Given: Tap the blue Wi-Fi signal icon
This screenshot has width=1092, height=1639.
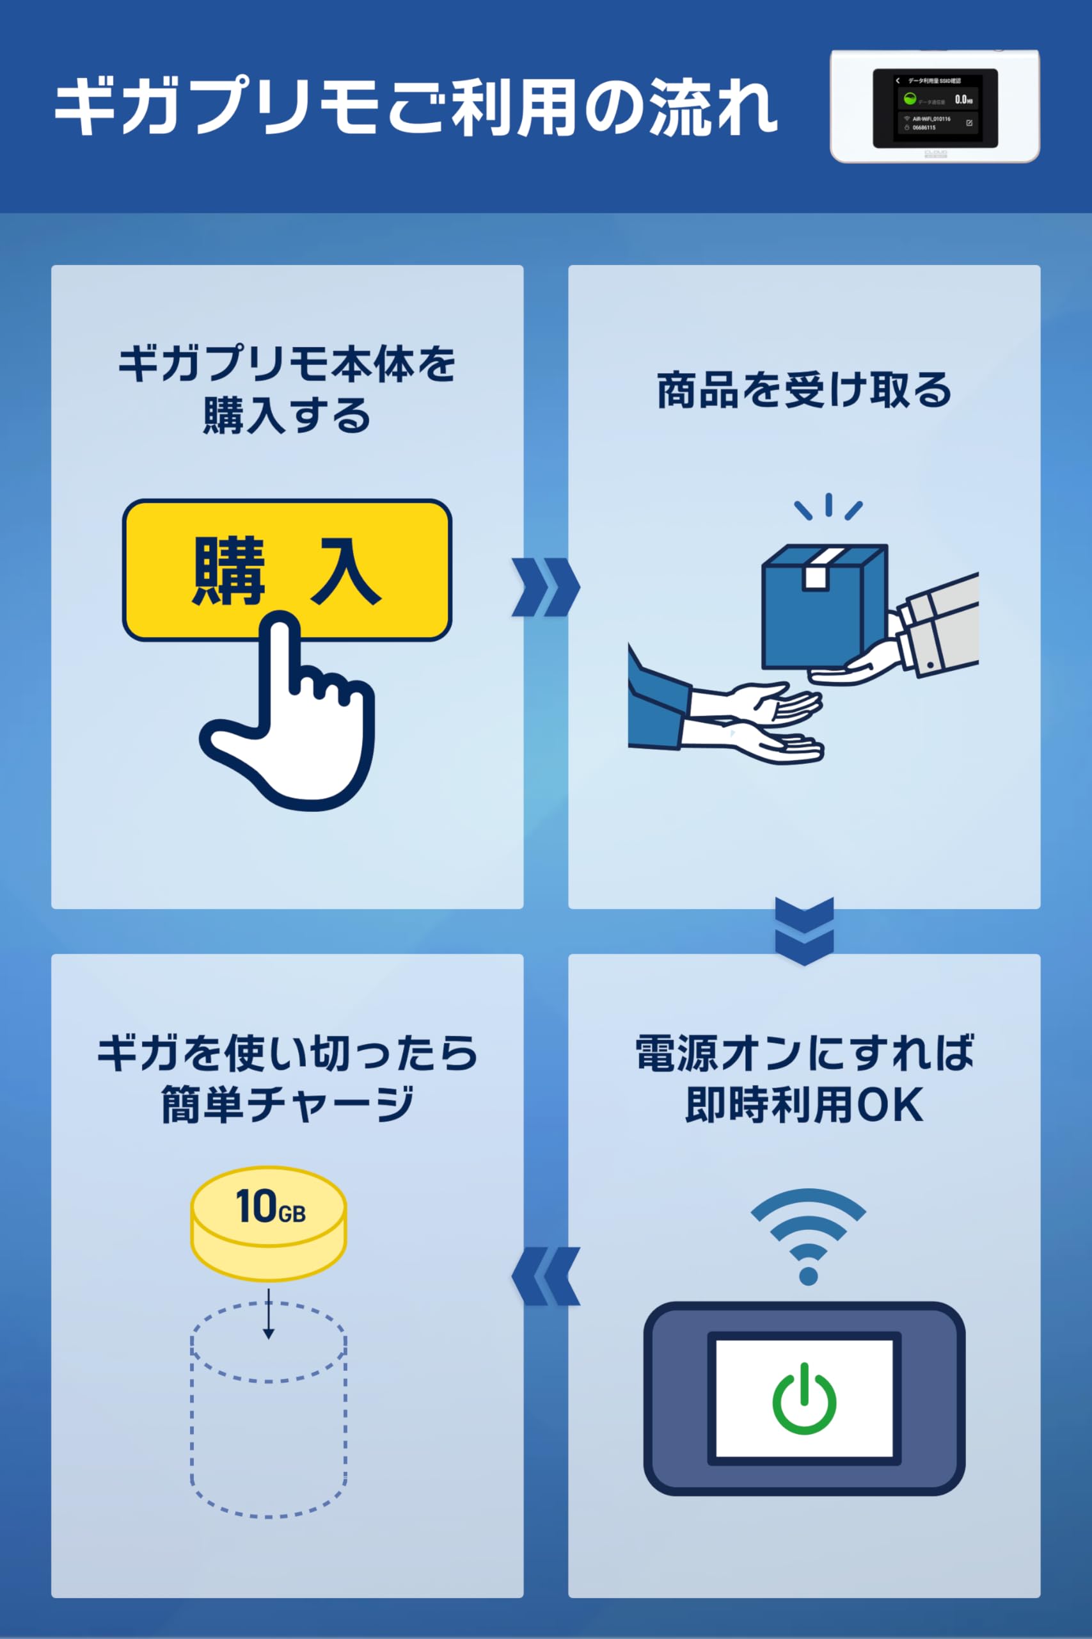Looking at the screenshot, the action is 808,1236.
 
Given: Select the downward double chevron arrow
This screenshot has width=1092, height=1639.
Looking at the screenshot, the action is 804,931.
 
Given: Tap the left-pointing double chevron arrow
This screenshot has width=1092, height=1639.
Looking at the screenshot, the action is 545,1276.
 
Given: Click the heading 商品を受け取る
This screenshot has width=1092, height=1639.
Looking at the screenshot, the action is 804,391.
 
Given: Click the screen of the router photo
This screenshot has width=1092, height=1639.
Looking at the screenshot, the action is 935,108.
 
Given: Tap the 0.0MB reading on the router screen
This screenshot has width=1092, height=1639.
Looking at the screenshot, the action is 963,100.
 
